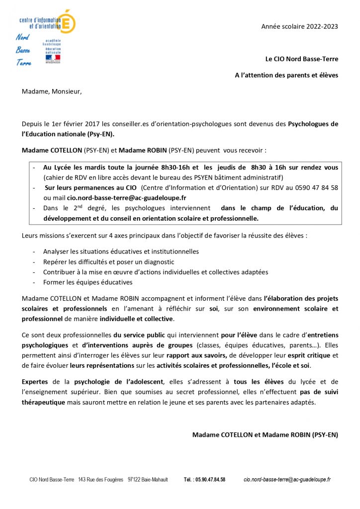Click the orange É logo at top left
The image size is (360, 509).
(67, 21)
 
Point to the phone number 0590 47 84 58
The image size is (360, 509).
(315, 187)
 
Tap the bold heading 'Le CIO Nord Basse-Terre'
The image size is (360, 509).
(302, 59)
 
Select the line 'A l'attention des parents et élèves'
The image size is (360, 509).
(286, 75)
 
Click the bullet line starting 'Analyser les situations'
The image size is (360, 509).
(121, 252)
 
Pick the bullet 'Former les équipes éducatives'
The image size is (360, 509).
(88, 282)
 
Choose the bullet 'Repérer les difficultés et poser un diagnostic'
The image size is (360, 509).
(108, 262)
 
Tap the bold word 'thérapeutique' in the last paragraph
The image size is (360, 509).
(45, 402)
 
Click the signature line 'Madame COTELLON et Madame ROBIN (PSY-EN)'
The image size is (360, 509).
(265, 434)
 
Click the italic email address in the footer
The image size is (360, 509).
(287, 480)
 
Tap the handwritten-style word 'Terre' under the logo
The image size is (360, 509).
(23, 63)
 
